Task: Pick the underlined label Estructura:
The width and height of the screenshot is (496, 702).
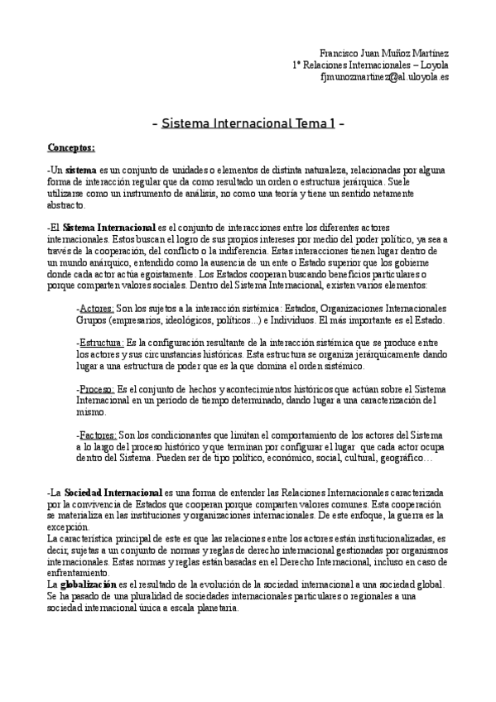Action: coord(100,343)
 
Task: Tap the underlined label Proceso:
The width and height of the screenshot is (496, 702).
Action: coord(95,388)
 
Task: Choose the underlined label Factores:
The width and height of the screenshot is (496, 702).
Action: coord(96,434)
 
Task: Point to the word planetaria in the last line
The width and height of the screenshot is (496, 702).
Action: coord(213,607)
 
